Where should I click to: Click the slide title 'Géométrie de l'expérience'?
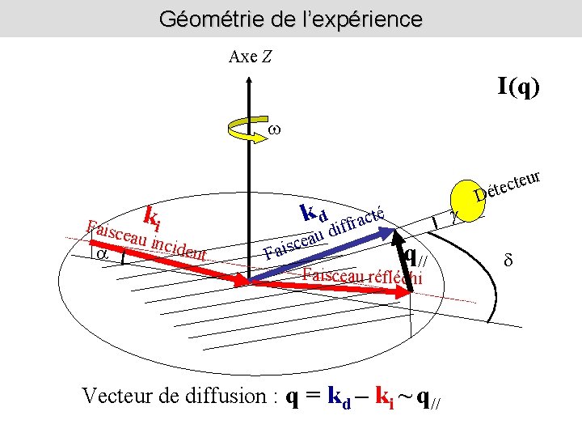[x=290, y=18]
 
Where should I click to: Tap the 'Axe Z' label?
[x=251, y=57]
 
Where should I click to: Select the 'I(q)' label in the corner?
[x=518, y=85]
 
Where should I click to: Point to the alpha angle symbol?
[x=103, y=253]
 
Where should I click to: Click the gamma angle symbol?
[x=453, y=216]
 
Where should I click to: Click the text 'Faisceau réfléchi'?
[x=362, y=275]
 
